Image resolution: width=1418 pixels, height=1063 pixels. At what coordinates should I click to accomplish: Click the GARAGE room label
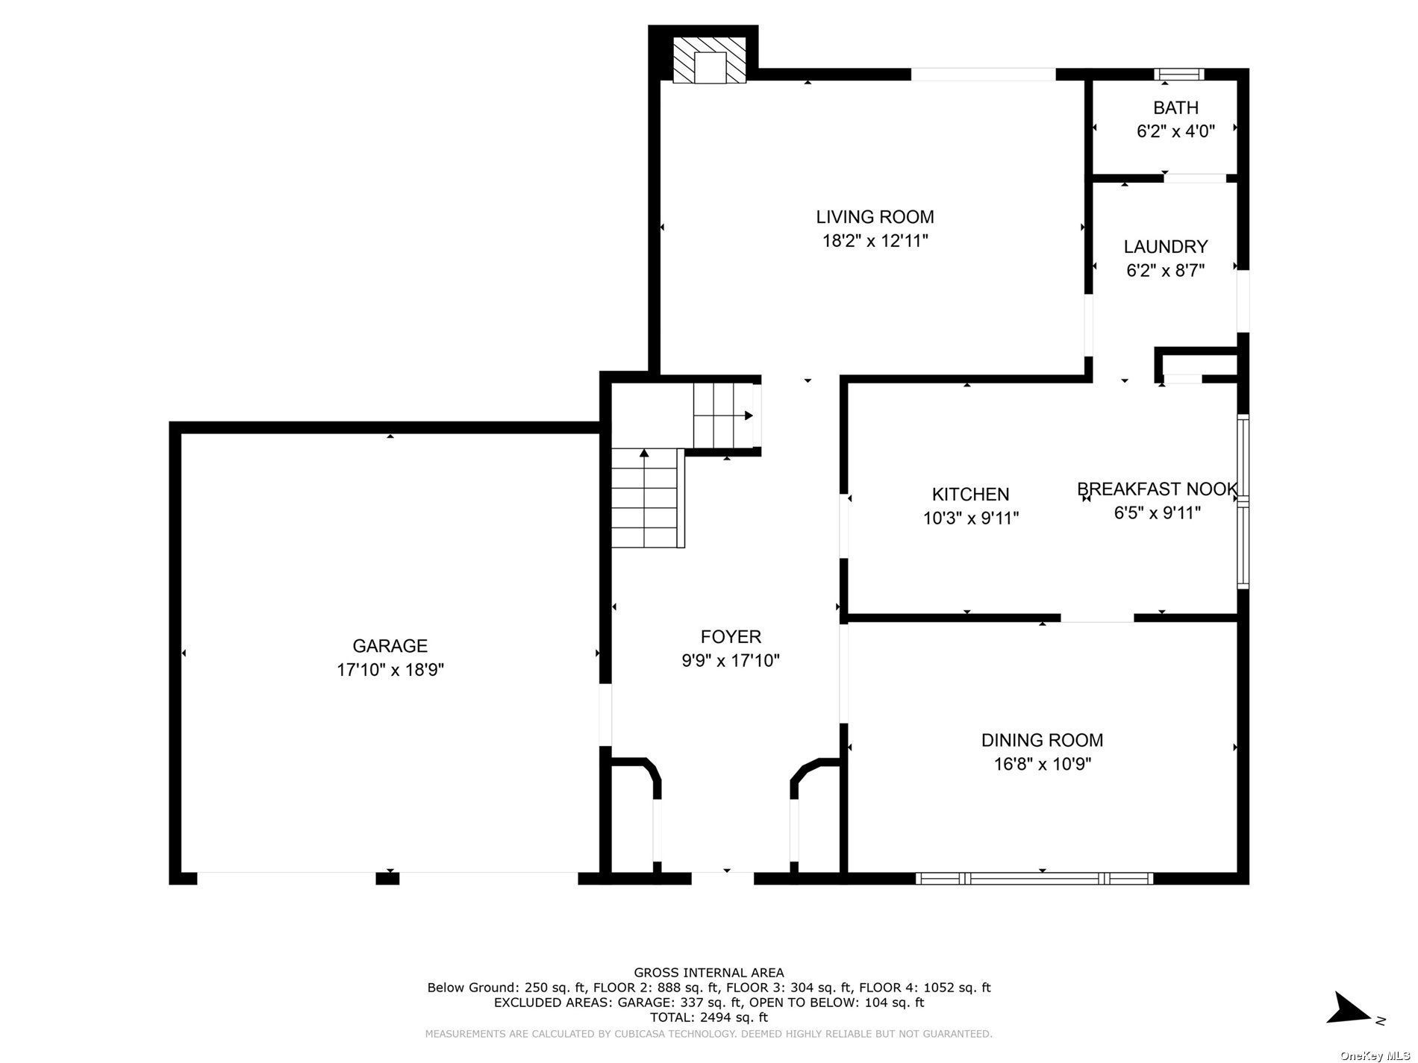coord(390,646)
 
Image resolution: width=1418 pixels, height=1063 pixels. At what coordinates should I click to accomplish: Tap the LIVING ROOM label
coord(875,217)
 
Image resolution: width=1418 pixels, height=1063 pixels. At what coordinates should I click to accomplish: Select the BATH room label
coord(1175,107)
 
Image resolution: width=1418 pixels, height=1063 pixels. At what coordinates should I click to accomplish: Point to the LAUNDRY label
coord(1166,246)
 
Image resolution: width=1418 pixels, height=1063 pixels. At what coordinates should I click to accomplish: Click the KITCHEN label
coord(970,494)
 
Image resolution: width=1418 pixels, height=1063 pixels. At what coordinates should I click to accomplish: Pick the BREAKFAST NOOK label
coord(1158,489)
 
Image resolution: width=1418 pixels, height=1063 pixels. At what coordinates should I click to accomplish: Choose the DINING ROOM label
coord(1042,740)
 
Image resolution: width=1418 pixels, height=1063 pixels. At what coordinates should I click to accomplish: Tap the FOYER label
coord(731,636)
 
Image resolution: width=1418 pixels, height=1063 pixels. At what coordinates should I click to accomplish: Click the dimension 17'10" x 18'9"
coord(390,670)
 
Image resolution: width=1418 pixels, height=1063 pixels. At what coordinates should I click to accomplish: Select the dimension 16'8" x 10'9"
coord(1042,764)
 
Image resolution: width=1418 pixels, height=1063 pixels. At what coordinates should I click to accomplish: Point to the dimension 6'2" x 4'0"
coord(1175,131)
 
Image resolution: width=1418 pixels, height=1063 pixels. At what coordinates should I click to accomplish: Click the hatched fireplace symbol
coord(709,60)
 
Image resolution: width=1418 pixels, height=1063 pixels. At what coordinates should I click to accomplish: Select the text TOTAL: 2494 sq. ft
coord(708,1017)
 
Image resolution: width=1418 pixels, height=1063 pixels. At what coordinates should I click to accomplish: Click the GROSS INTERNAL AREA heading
coord(708,972)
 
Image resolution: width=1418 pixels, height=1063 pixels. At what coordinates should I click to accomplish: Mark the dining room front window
coord(1034,879)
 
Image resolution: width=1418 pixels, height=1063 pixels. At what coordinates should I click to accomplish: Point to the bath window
coord(1179,74)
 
